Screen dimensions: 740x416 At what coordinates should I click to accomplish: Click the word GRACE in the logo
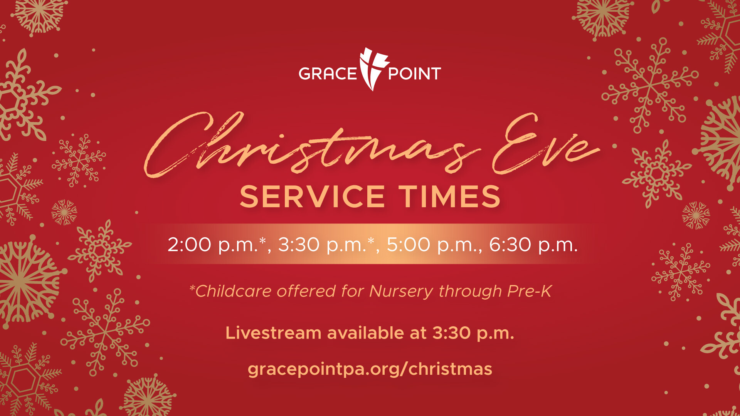coord(328,74)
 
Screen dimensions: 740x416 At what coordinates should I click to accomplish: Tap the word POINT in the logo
coord(415,74)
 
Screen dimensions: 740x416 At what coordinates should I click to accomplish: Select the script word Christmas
coord(312,144)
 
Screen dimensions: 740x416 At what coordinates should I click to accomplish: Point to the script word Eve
coord(545,144)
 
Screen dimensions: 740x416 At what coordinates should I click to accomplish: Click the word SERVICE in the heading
coord(313,197)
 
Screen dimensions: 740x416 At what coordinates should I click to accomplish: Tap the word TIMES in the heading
coord(450,197)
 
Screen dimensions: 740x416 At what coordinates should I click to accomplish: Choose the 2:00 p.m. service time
coord(213,245)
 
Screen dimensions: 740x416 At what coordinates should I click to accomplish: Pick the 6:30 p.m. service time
coord(533,245)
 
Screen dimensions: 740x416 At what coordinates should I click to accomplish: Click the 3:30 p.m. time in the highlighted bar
coord(322,245)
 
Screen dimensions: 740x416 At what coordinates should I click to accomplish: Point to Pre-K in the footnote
coord(530,291)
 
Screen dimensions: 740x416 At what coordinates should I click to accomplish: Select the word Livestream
coord(273,333)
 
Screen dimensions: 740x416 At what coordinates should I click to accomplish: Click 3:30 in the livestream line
coord(451,333)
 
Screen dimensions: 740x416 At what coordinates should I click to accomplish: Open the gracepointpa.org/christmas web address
coord(370,369)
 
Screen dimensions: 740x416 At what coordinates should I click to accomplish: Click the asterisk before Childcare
coord(192,287)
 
